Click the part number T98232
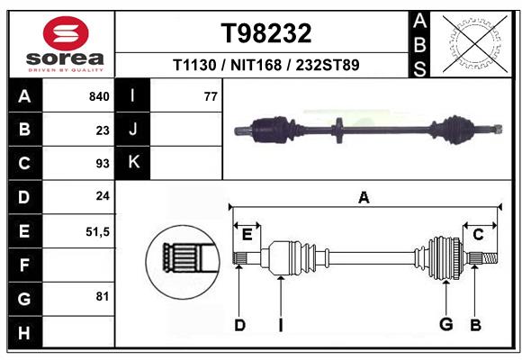coord(266,33)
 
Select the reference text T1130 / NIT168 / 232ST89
coord(266,65)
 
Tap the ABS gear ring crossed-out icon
coord(472,42)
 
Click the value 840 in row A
coord(99,96)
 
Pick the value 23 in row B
coord(103,130)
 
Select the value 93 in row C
coord(103,164)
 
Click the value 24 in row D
coord(103,196)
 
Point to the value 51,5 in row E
coord(97,231)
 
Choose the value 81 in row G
coord(103,296)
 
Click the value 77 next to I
coord(211,96)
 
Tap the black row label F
coord(24,265)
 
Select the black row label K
coord(133,163)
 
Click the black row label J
coord(133,130)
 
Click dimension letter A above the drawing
coord(364,197)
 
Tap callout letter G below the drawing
coord(445,325)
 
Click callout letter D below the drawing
coord(239,325)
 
